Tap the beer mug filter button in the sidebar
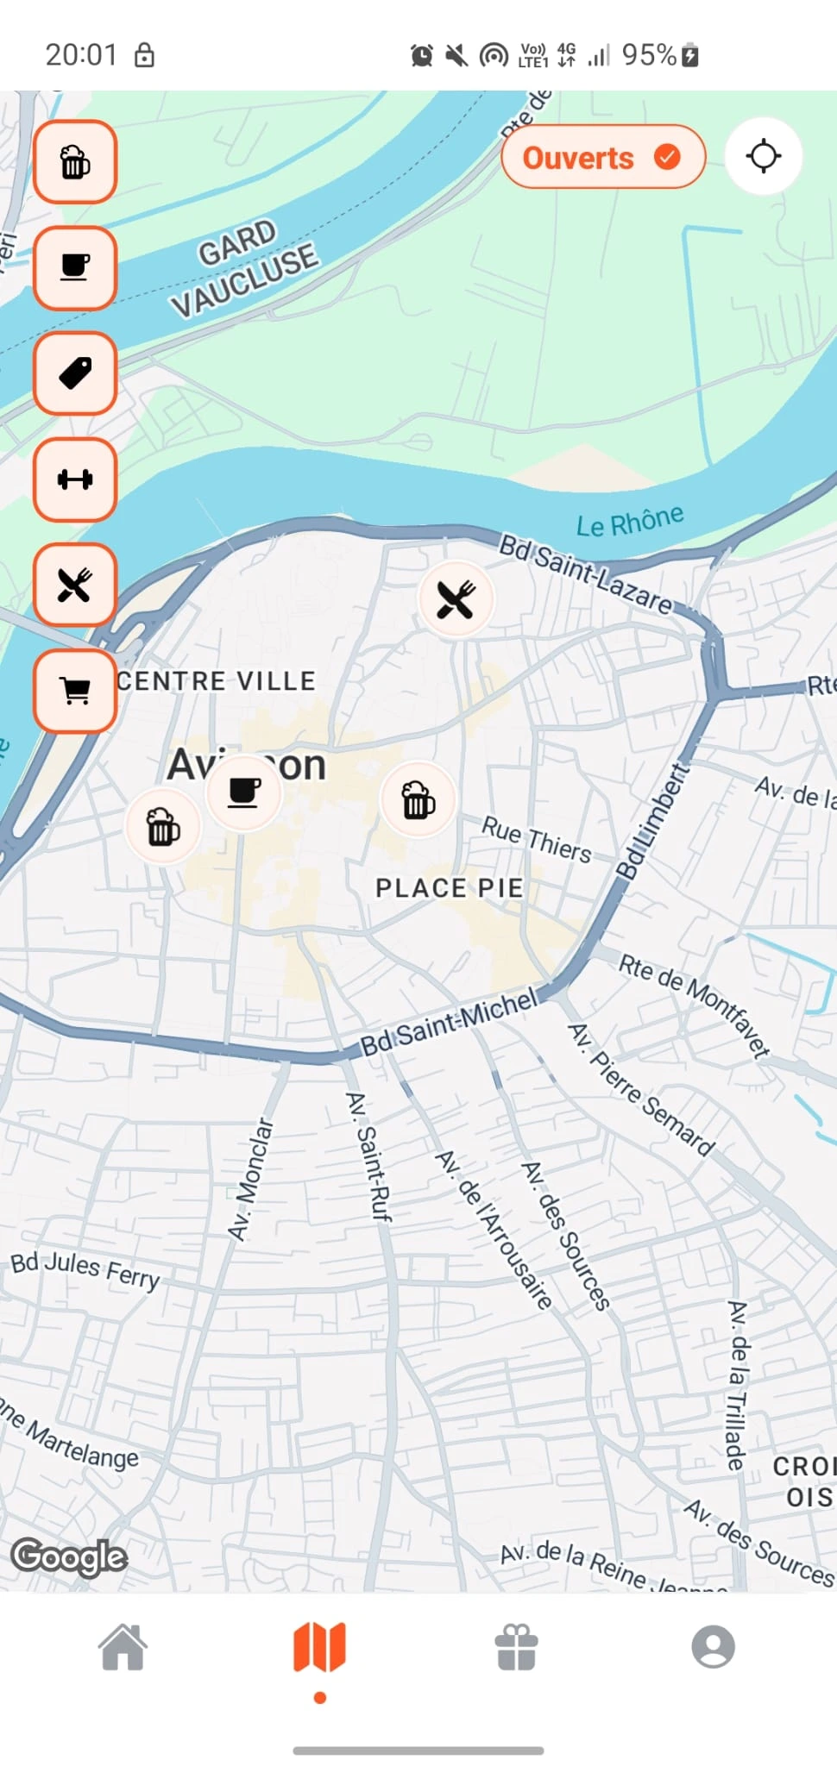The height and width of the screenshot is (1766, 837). click(x=75, y=162)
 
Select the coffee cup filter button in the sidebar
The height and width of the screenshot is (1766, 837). click(x=75, y=268)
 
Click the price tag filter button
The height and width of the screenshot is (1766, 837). click(x=75, y=373)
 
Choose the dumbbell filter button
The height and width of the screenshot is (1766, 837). click(x=75, y=479)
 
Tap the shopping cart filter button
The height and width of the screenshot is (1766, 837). click(x=75, y=691)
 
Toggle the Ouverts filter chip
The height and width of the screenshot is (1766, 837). click(x=602, y=157)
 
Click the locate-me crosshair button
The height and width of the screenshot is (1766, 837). click(x=763, y=157)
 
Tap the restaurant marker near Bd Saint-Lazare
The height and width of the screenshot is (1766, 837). click(x=456, y=599)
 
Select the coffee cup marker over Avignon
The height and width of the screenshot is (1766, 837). click(x=244, y=791)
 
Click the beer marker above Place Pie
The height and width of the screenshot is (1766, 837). click(x=418, y=800)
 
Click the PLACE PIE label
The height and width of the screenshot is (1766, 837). click(x=449, y=888)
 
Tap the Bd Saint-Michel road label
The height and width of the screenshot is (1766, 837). click(x=449, y=1023)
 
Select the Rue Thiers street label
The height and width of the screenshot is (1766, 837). click(x=536, y=839)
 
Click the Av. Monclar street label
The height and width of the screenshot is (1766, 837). click(x=250, y=1179)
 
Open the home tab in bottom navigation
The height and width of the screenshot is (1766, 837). click(x=123, y=1647)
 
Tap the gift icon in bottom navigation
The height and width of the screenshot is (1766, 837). click(x=516, y=1647)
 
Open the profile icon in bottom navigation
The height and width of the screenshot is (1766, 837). click(x=713, y=1647)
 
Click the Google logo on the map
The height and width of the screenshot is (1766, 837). click(x=69, y=1557)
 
